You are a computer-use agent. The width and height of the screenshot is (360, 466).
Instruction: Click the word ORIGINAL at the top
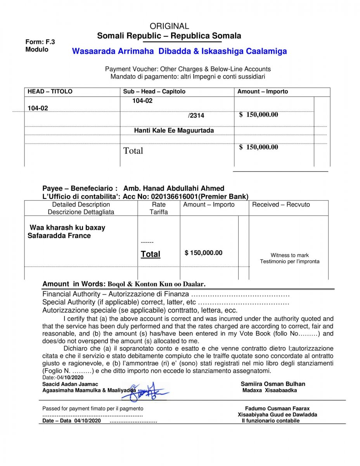tap(169, 26)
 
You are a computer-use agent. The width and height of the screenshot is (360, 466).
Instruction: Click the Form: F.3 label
tap(40, 42)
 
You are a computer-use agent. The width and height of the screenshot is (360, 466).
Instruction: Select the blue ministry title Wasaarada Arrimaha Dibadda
tap(179, 51)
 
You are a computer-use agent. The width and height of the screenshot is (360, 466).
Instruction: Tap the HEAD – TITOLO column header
tap(50, 92)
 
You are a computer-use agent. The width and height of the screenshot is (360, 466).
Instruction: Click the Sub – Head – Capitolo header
tap(154, 92)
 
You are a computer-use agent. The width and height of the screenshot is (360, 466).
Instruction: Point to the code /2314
tap(196, 115)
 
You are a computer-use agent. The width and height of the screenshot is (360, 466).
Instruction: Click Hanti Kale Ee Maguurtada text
tap(174, 130)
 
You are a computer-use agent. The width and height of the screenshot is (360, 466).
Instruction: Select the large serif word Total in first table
tap(133, 151)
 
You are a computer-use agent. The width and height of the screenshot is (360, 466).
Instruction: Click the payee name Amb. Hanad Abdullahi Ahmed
tap(173, 188)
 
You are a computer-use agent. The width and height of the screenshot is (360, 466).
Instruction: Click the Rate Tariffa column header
tap(159, 208)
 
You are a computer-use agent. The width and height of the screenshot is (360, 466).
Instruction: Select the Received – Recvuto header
tap(281, 205)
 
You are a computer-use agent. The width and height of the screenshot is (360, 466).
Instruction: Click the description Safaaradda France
tap(59, 236)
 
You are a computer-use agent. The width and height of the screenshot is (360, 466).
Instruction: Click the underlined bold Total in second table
tap(151, 254)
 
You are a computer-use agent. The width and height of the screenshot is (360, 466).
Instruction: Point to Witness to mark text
tap(289, 255)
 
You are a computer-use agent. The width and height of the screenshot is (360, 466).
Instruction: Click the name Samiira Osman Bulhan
tap(273, 384)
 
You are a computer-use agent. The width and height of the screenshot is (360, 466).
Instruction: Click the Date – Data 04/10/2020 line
tap(71, 421)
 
